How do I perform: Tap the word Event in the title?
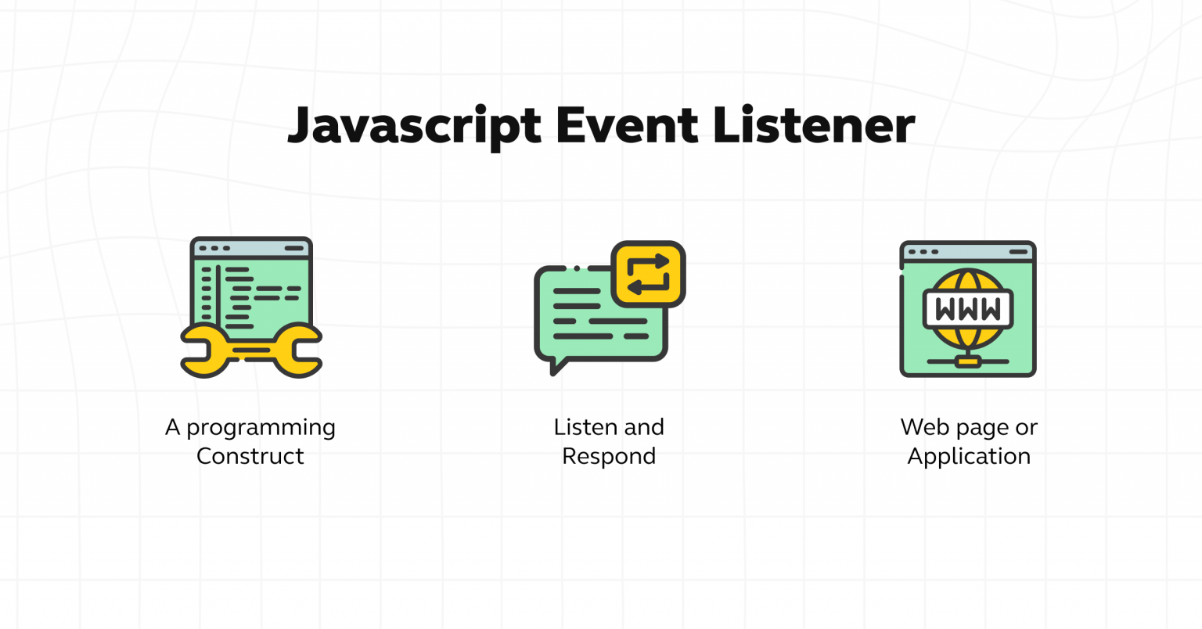point(626,125)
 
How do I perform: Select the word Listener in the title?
point(814,125)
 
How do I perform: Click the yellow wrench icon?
point(251,350)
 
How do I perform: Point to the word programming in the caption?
point(261,429)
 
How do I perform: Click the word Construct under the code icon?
point(250,456)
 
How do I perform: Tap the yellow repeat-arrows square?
point(649,273)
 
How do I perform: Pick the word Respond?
point(609,456)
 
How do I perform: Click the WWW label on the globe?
point(968,309)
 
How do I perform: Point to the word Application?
point(969,456)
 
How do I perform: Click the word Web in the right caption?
point(925,427)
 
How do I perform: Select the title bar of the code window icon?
point(251,248)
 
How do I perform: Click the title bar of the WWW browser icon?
point(968,252)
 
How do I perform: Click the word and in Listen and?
point(644,427)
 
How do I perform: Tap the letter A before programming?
point(172,427)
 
